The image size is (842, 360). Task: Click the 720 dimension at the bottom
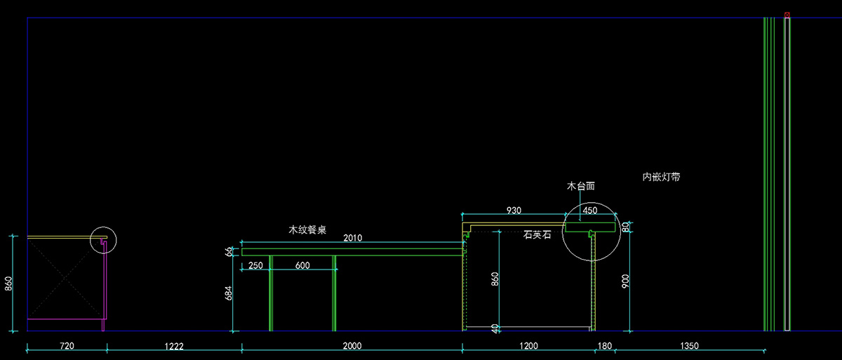[67, 346]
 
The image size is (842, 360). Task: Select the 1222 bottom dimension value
[174, 346]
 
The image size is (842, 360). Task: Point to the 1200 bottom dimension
[528, 346]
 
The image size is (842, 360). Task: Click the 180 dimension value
[603, 346]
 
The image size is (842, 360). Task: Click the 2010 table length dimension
[352, 239]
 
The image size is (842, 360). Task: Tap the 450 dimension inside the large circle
[590, 211]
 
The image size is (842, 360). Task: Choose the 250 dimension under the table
[256, 265]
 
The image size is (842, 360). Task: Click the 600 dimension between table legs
[302, 265]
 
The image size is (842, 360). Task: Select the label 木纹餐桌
[307, 229]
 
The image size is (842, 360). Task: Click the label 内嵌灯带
[661, 178]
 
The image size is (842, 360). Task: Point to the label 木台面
[581, 187]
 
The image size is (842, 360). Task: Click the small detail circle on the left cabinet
[104, 240]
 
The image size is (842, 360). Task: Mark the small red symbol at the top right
[787, 14]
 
